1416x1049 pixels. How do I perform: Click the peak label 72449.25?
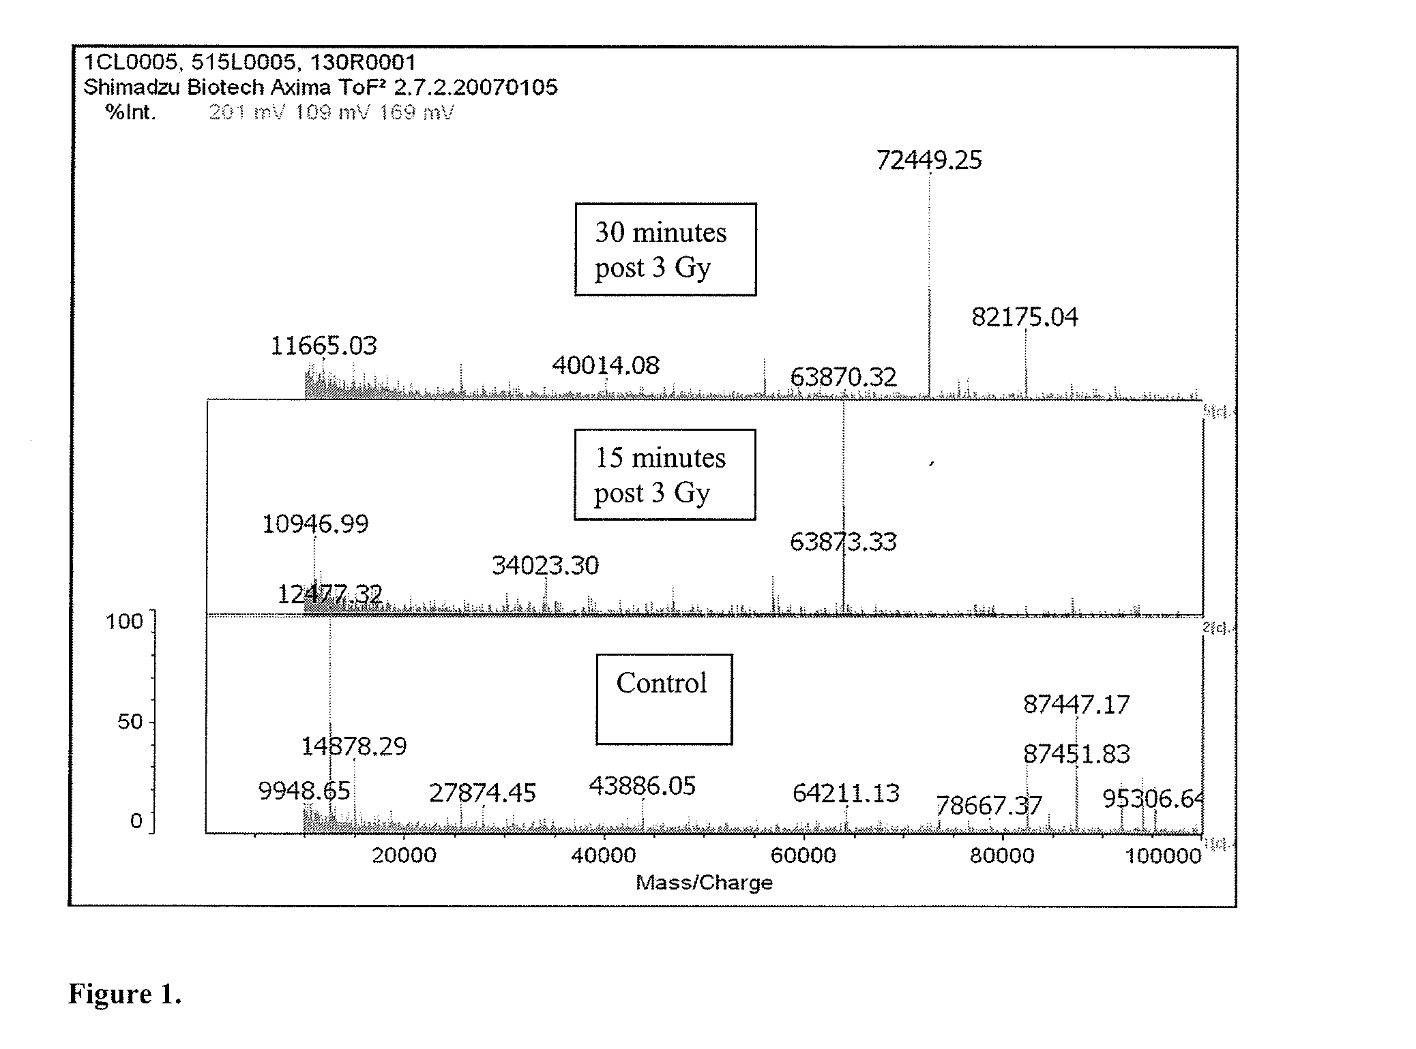(x=928, y=160)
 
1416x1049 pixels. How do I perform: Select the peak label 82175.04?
(x=1024, y=317)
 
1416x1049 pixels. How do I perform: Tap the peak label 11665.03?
(x=323, y=346)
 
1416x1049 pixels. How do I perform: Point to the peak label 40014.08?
(x=605, y=365)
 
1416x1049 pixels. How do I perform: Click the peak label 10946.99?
(x=315, y=523)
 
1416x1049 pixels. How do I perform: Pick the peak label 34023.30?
(x=545, y=565)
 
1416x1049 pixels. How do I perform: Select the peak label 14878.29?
(x=353, y=746)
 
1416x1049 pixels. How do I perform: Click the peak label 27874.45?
(x=482, y=793)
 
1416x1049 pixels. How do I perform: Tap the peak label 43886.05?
(x=642, y=786)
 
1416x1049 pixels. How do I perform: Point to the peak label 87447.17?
(x=1076, y=704)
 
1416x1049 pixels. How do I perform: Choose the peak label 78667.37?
(x=988, y=806)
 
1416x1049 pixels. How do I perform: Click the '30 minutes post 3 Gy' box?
(x=665, y=249)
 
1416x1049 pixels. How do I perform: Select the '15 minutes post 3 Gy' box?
(x=664, y=474)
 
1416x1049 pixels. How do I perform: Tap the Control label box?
(x=664, y=699)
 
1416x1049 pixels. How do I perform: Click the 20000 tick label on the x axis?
(x=404, y=855)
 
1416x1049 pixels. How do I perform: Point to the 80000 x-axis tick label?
(x=1002, y=855)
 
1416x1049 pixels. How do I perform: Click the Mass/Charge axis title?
(x=704, y=883)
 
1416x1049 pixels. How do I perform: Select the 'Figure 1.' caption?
(x=125, y=994)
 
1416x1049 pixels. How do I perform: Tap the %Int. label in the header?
(x=130, y=112)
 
